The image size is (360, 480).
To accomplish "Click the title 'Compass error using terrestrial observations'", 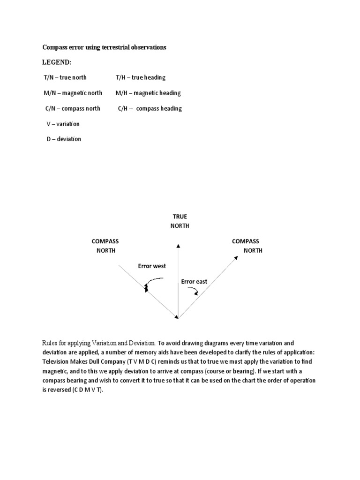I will coord(105,48).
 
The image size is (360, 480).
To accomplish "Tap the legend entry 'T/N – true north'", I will coord(65,77).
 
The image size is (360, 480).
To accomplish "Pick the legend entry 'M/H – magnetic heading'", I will coord(148,93).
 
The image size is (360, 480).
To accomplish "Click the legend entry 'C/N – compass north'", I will coord(73,108).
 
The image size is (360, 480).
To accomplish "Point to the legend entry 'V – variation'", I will coord(63,124).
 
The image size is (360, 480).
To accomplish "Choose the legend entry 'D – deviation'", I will coord(64,139).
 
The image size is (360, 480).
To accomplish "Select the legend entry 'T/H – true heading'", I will coord(141,77).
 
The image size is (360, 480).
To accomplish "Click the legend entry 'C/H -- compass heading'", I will coord(150,108).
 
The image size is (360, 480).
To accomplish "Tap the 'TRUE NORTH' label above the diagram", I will coord(180,221).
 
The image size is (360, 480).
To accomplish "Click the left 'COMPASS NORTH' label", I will coord(105,246).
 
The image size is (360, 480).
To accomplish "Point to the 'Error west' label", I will coord(152,266).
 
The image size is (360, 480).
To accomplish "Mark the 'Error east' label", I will coord(194,281).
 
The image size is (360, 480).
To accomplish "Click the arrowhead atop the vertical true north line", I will coord(178,245).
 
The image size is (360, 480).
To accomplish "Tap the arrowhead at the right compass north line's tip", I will coord(234,256).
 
